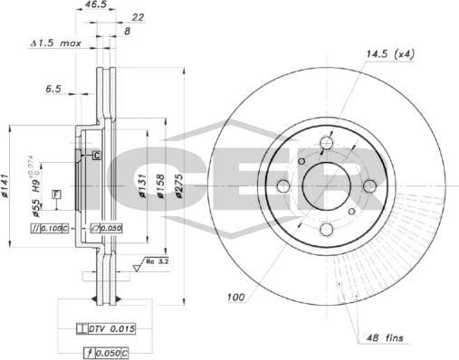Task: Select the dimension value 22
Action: (139, 17)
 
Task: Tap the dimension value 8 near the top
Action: (126, 31)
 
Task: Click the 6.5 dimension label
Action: (54, 90)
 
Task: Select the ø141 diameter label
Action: (6, 185)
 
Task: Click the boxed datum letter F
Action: (56, 194)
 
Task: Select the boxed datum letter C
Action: (95, 156)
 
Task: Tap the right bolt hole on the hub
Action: (369, 186)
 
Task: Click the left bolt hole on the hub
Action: (282, 186)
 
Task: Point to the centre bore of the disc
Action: (326, 186)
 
